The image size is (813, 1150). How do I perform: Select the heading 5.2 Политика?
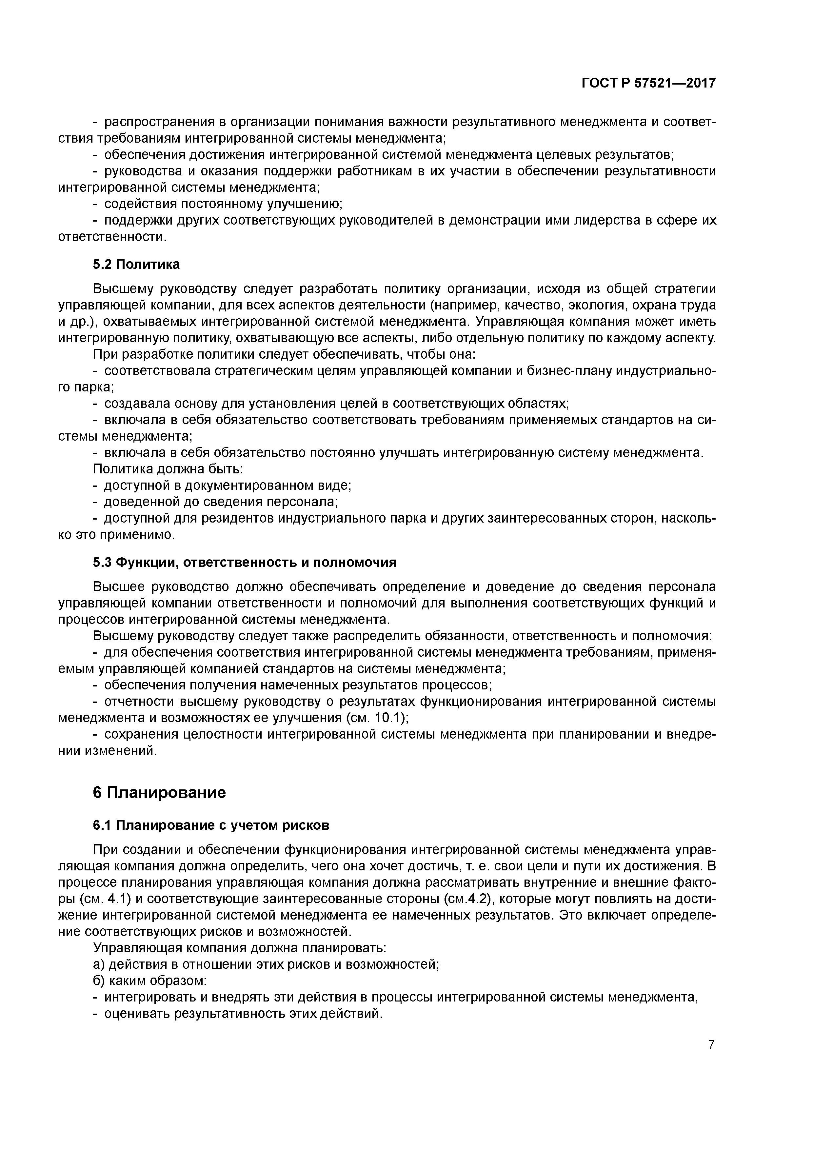click(x=136, y=264)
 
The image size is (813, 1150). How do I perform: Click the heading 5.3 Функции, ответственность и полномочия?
click(x=245, y=563)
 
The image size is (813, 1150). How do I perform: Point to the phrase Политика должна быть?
click(x=168, y=469)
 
